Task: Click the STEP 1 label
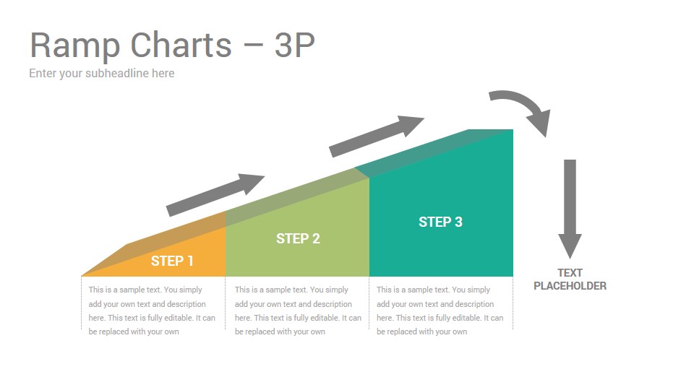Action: click(172, 261)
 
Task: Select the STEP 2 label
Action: click(298, 239)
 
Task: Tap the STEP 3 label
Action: click(440, 222)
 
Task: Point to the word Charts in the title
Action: click(181, 45)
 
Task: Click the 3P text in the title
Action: click(294, 45)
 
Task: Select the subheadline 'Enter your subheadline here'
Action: click(102, 74)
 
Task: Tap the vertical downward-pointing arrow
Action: click(570, 209)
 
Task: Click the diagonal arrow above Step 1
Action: click(215, 194)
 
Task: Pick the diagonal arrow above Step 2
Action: click(377, 136)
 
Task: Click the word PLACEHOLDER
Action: click(570, 286)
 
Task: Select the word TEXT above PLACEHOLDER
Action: click(570, 273)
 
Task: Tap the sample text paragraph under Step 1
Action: click(151, 311)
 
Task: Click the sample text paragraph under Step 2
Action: click(298, 311)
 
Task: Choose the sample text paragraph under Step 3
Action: click(440, 311)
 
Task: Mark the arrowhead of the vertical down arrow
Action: click(570, 246)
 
